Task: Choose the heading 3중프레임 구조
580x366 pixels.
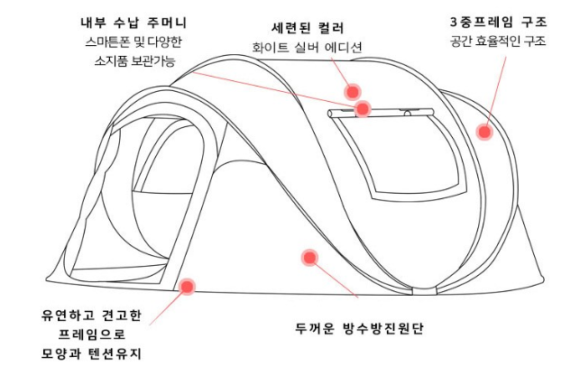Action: [x=499, y=21]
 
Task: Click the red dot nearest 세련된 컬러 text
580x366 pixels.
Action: [x=352, y=91]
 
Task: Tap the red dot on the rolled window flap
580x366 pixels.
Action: [x=363, y=109]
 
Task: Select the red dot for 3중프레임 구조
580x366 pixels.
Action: [x=484, y=132]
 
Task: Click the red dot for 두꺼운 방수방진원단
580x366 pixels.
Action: [x=309, y=258]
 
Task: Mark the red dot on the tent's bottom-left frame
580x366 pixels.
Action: [x=188, y=287]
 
